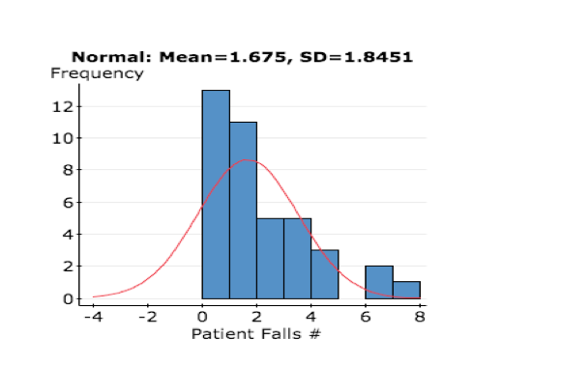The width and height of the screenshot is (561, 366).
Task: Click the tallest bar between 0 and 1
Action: click(216, 194)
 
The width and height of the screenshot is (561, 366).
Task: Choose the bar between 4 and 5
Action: click(325, 274)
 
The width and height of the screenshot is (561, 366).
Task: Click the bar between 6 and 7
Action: click(379, 282)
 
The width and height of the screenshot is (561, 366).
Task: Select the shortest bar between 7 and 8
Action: click(406, 290)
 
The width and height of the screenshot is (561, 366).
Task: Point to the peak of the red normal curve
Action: click(249, 160)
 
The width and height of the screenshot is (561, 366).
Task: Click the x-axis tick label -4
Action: click(93, 316)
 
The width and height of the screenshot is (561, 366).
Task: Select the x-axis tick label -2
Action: click(147, 316)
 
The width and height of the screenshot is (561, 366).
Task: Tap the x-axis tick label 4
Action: click(311, 316)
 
